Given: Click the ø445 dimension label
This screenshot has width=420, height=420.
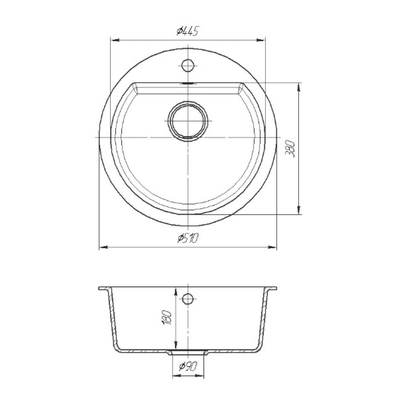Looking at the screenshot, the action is pyautogui.click(x=187, y=31).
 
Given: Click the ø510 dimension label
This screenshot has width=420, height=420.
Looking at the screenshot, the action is pyautogui.click(x=188, y=238).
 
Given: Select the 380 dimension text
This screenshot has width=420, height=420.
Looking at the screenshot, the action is pyautogui.click(x=290, y=149).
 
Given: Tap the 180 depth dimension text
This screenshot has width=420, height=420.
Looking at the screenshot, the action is pyautogui.click(x=166, y=318).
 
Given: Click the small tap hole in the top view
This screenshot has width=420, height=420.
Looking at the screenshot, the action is pyautogui.click(x=188, y=65).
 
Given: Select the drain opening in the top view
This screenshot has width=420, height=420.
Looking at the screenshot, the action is pyautogui.click(x=188, y=121).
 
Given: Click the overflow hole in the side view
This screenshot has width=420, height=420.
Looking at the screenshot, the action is pyautogui.click(x=188, y=298).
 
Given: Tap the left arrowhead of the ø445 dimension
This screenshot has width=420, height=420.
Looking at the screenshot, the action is pyautogui.click(x=115, y=40).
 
